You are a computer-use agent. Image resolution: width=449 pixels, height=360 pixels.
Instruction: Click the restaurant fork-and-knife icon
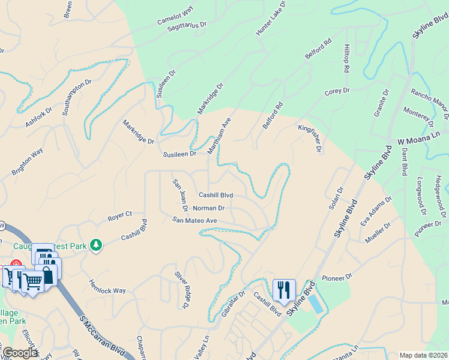click(284, 289)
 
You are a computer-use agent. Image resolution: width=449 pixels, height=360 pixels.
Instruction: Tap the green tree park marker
click(95, 244)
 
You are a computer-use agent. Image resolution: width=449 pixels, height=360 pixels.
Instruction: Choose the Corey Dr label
click(337, 91)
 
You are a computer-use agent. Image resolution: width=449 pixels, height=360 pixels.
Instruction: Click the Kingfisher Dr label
click(309, 138)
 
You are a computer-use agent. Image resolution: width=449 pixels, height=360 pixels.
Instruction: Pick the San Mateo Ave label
click(194, 221)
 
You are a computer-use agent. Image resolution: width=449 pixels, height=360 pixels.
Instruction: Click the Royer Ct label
click(119, 214)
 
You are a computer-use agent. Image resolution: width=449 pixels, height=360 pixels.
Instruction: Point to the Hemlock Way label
click(107, 286)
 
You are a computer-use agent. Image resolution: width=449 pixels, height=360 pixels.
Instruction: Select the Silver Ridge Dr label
click(181, 289)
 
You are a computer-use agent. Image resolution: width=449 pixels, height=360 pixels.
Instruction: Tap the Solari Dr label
click(336, 197)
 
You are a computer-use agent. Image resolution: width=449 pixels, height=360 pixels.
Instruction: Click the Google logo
click(19, 353)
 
